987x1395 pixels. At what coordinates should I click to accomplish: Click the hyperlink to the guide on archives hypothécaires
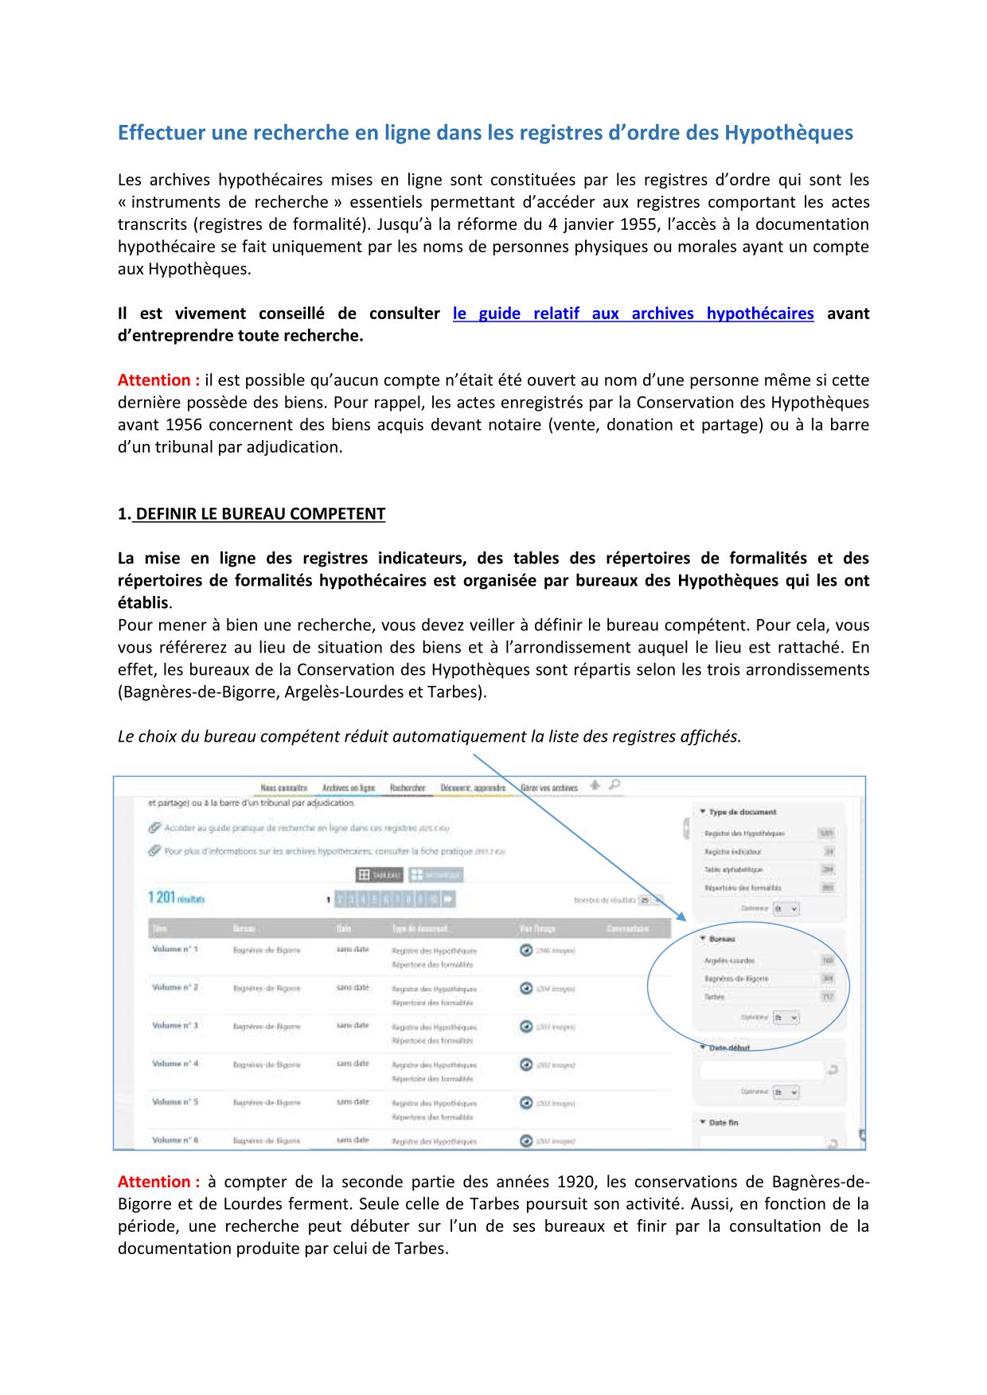click(x=633, y=314)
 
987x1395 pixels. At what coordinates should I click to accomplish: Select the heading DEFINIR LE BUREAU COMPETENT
click(x=260, y=514)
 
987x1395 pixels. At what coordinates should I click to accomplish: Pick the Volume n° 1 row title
click(x=175, y=949)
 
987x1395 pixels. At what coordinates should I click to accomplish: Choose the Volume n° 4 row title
click(x=175, y=1064)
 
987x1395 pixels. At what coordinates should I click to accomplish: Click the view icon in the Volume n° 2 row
click(x=526, y=988)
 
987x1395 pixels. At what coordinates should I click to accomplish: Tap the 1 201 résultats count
click(x=176, y=898)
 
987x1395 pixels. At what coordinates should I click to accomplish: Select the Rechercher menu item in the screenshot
click(x=408, y=788)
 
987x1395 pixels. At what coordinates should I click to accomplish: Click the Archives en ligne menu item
click(x=349, y=788)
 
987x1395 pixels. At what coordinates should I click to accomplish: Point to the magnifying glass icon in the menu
click(x=614, y=785)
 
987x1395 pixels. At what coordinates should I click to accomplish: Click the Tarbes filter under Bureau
click(x=715, y=997)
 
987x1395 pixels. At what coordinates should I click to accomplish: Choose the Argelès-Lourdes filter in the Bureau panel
click(x=729, y=961)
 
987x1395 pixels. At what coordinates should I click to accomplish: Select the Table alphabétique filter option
click(x=733, y=870)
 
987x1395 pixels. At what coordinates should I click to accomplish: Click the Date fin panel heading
click(x=723, y=1123)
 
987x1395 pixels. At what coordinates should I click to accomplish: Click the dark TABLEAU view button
click(x=380, y=875)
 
